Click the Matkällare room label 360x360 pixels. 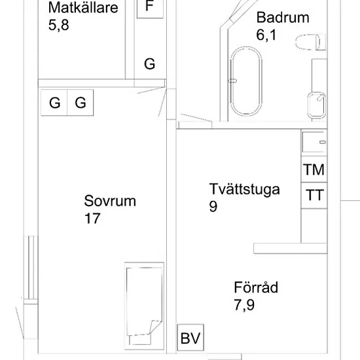click(x=83, y=7)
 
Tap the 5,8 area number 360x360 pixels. click(x=58, y=25)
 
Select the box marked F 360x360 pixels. click(x=150, y=9)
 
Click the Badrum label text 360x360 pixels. click(x=283, y=18)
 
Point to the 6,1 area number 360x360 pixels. click(x=266, y=35)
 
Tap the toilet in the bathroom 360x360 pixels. click(x=310, y=42)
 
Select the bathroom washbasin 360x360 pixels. click(x=317, y=105)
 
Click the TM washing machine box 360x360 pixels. click(x=314, y=170)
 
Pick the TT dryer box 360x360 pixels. click(x=314, y=196)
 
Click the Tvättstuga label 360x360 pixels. click(x=244, y=190)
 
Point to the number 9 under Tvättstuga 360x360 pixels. click(x=213, y=206)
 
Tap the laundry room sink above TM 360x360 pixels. click(x=314, y=142)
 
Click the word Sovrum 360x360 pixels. click(x=110, y=201)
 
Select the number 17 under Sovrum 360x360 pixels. click(x=92, y=218)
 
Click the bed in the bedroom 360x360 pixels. click(x=144, y=306)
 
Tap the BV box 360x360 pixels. click(x=190, y=337)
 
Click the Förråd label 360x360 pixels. click(x=256, y=287)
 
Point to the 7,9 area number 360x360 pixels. click(x=244, y=305)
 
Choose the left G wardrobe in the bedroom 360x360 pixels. click(x=54, y=102)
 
